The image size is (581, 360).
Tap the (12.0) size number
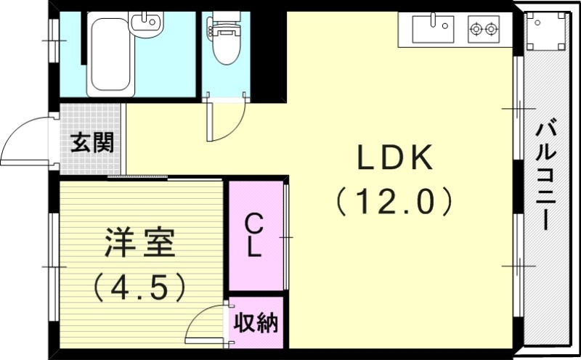[394, 200]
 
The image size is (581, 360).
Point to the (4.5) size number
[139, 287]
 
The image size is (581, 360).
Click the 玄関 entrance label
[92, 143]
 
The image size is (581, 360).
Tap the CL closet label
[253, 234]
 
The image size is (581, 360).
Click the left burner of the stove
[478, 30]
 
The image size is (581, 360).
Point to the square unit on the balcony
[545, 32]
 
